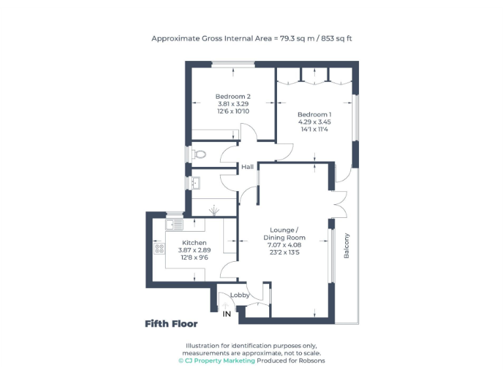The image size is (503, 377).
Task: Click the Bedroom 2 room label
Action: pos(233,96)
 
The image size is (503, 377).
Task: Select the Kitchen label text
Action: pos(194,243)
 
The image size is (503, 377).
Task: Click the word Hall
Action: pos(247,167)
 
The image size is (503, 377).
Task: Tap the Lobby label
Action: pos(239,295)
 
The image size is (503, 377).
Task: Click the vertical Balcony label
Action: pos(347,246)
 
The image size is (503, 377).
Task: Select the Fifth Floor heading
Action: pos(171,323)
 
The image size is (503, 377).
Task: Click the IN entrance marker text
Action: pos(227,314)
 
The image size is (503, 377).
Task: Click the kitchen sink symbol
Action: pos(174,225)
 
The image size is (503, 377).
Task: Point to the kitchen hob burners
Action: pos(159,248)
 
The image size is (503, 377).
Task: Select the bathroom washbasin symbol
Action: pos(196,184)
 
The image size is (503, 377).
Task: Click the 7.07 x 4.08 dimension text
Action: pos(284,245)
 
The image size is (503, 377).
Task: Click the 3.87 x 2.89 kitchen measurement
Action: pos(194,250)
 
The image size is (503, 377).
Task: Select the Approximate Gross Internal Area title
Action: pos(252,39)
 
